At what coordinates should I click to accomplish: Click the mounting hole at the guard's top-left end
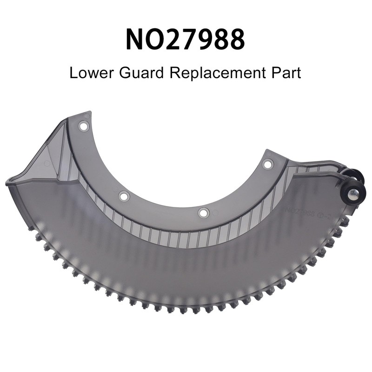[x=83, y=126]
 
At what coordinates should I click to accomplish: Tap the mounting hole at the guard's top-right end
[x=268, y=164]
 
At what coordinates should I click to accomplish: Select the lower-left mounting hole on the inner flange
[x=123, y=196]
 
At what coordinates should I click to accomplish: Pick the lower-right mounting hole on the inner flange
[x=203, y=213]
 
